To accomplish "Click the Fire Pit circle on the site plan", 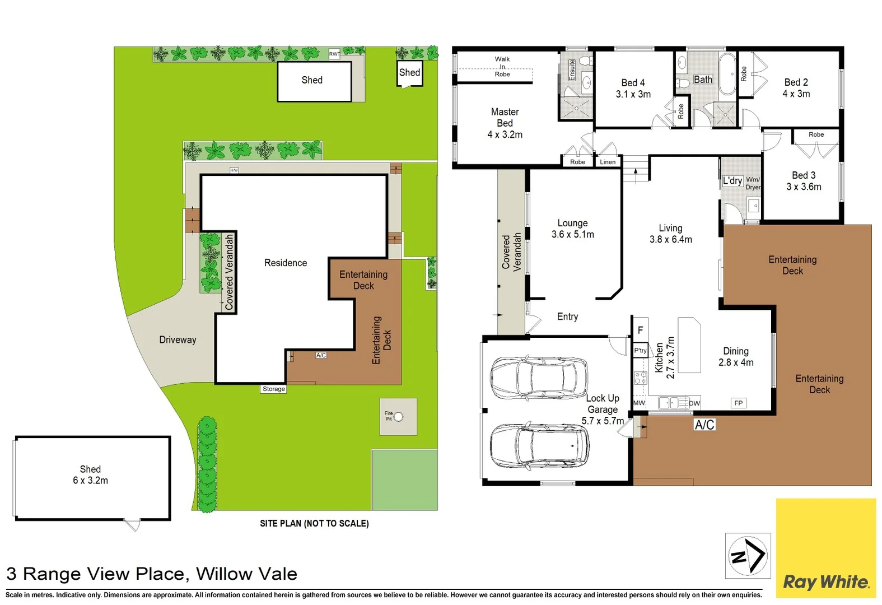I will [x=398, y=417].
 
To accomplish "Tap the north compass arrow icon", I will [x=748, y=556].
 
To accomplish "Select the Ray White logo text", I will [x=826, y=583].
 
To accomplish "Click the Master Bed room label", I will [x=505, y=123].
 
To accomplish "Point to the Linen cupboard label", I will [x=608, y=162].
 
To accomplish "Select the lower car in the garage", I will [x=539, y=446].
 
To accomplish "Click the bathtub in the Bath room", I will [x=728, y=74].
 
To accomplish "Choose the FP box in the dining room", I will [x=739, y=403].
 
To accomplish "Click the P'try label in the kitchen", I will [x=640, y=351].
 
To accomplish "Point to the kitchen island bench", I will [x=689, y=345].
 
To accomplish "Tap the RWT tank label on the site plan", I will [x=334, y=54].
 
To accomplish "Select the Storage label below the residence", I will [x=274, y=389].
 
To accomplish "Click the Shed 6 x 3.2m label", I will [x=90, y=475].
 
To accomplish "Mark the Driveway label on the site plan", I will [x=178, y=340].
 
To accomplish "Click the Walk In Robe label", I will [x=502, y=67].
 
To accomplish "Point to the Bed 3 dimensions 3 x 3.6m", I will [x=804, y=187].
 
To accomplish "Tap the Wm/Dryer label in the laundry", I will [x=753, y=183].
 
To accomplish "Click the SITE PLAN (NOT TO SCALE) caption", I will [x=314, y=523].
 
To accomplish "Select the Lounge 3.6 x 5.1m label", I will [x=572, y=229].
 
